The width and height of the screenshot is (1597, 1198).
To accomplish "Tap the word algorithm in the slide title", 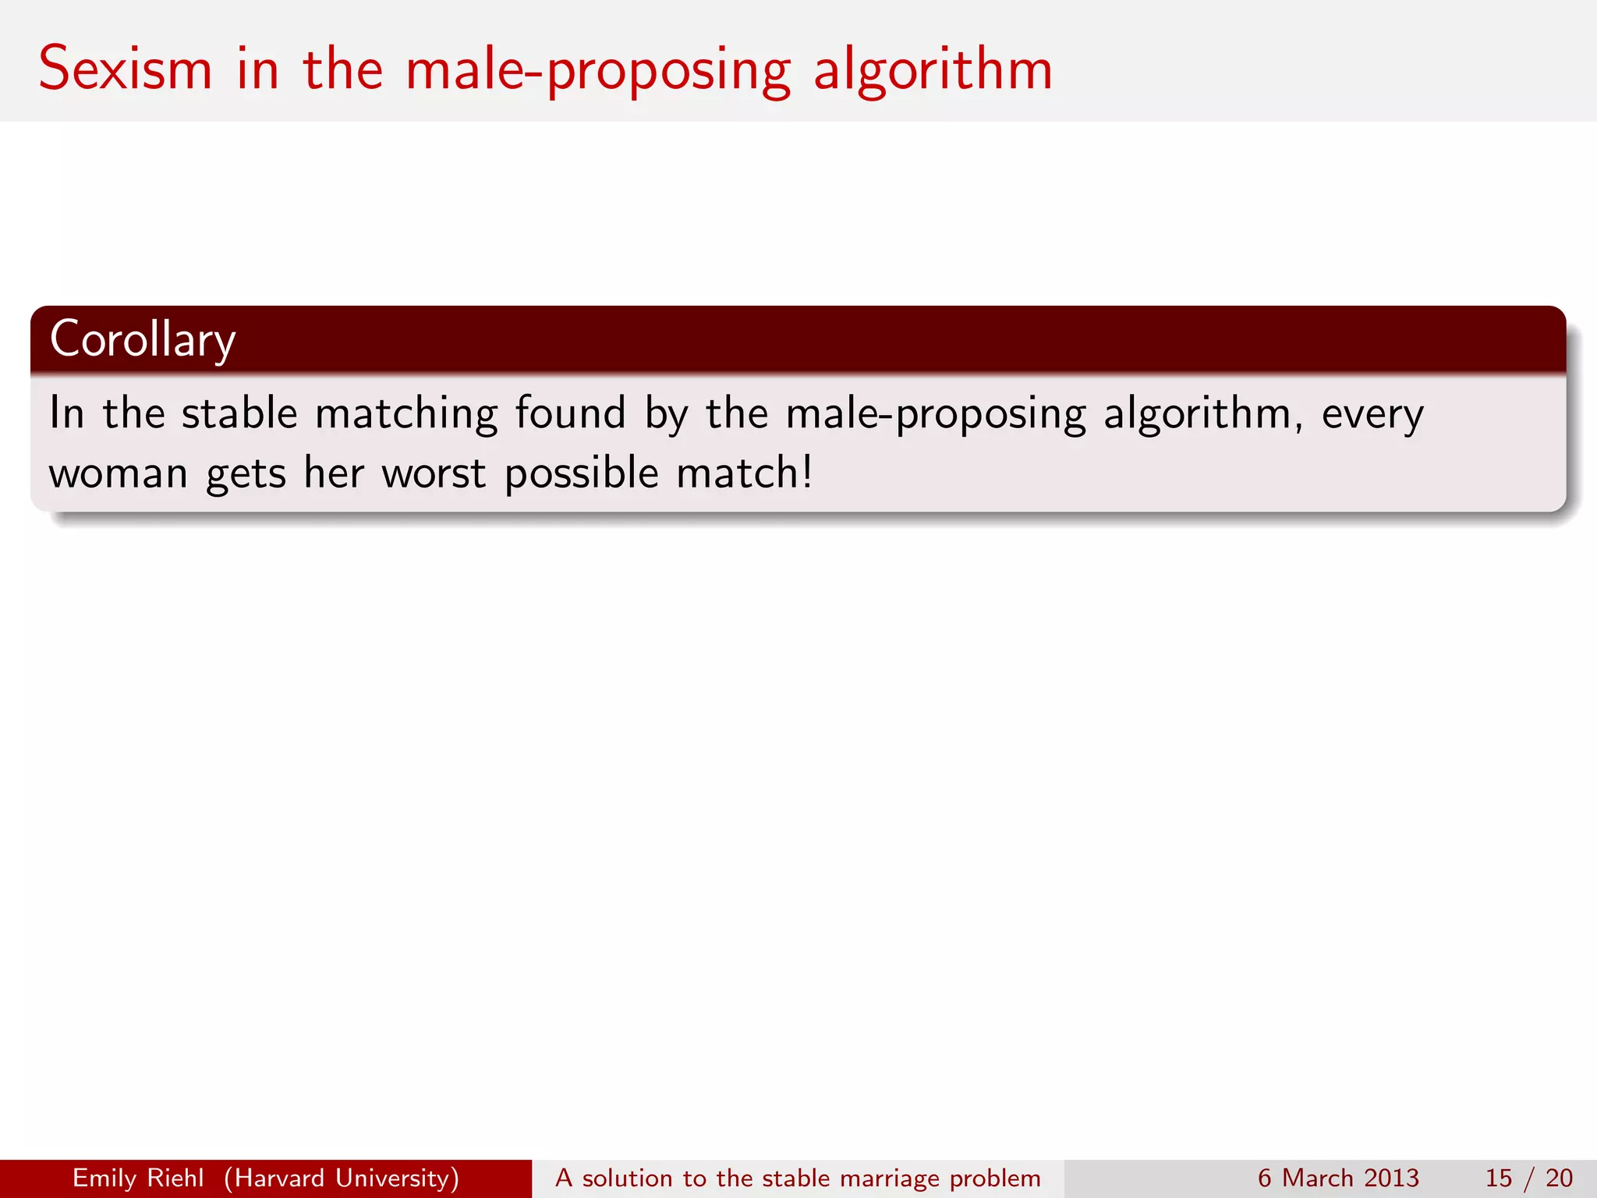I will tap(933, 70).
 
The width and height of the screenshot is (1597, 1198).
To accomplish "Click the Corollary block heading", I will tap(143, 339).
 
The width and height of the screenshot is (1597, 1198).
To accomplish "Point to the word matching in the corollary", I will tap(405, 413).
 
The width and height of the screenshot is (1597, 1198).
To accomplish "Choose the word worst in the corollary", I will tap(434, 473).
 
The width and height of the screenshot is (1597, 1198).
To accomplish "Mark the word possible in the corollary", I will tap(582, 473).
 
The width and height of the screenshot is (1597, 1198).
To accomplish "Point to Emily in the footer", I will tap(104, 1178).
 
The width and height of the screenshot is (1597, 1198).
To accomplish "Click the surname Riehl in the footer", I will tap(179, 1178).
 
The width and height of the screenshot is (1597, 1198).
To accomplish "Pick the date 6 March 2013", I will tap(1338, 1178).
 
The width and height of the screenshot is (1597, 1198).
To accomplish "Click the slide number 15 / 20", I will tap(1528, 1178).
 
